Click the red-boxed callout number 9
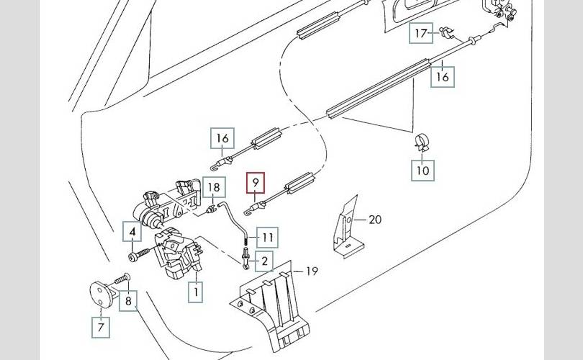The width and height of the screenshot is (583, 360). pyautogui.click(x=255, y=184)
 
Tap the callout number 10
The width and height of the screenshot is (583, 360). pyautogui.click(x=422, y=171)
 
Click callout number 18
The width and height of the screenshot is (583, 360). pyautogui.click(x=214, y=189)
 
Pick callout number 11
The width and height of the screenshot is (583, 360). pyautogui.click(x=267, y=236)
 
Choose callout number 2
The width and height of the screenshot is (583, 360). pyautogui.click(x=264, y=261)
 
